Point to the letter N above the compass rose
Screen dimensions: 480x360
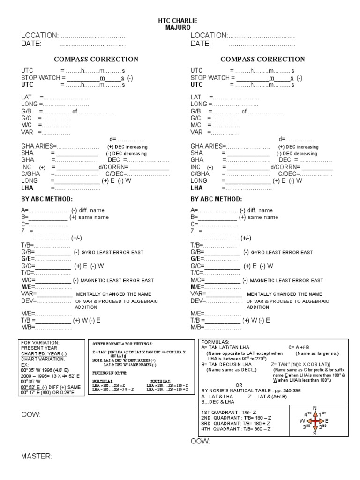[315, 408]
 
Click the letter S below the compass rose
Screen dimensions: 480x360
[315, 434]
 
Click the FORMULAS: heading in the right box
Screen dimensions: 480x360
[214, 342]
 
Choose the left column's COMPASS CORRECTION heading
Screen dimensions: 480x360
[96, 60]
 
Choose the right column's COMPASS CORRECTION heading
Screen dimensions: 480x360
[262, 60]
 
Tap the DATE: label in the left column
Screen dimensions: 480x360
[31, 44]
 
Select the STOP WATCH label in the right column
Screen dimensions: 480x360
[209, 78]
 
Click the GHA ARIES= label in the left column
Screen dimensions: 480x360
[38, 146]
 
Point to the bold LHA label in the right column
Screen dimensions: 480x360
[196, 188]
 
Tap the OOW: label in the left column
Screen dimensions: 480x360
[30, 415]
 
